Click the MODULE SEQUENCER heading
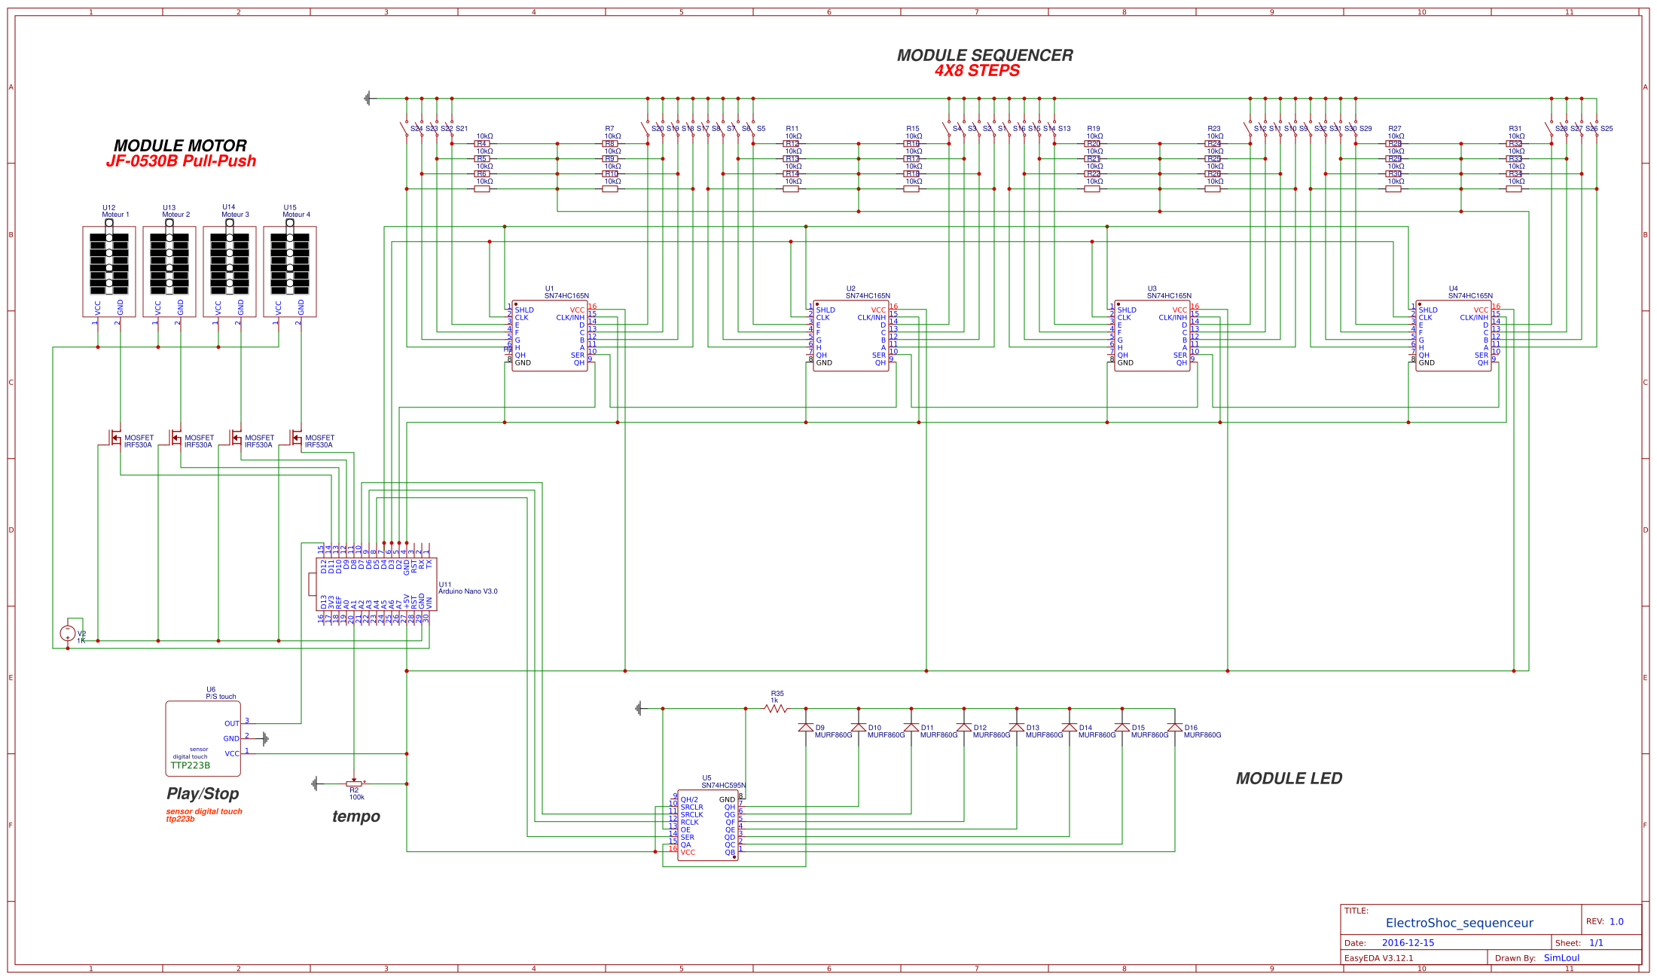point(984,55)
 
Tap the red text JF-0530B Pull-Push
point(181,161)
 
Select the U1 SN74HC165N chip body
point(549,335)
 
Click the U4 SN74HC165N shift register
point(1453,335)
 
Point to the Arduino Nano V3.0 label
point(468,591)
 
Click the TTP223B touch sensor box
point(203,738)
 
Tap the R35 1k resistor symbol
point(776,708)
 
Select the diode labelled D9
point(805,728)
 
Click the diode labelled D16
point(1174,728)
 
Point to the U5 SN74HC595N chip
point(707,825)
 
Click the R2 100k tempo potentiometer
point(354,783)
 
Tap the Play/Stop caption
point(203,794)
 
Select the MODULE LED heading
point(1289,779)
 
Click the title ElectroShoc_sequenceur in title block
point(1459,923)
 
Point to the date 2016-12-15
point(1408,942)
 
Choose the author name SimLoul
point(1561,958)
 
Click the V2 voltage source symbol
point(68,633)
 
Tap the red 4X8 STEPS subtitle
point(977,71)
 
